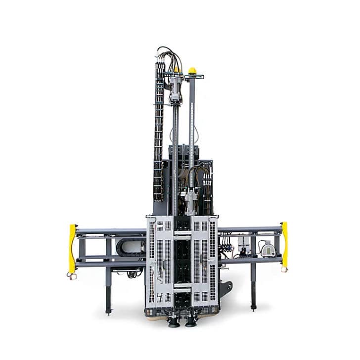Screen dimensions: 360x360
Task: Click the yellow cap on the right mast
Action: pos(192,71)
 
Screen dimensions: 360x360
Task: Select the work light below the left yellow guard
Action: pos(72,276)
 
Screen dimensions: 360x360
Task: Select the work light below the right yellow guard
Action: pos(284,270)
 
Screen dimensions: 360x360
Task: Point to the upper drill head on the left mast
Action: pos(175,89)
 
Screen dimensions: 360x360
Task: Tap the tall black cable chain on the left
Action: pos(159,134)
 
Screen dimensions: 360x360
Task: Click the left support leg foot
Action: pos(109,312)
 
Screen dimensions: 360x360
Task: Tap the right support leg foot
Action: pos(253,307)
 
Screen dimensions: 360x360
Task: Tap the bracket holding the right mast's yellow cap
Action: pos(194,77)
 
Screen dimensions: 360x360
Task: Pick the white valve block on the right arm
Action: pos(244,243)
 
